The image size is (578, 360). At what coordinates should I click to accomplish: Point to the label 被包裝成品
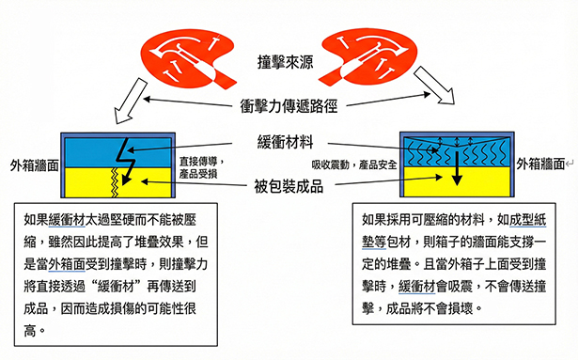(289, 184)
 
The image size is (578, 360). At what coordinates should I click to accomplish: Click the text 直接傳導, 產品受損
(204, 166)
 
